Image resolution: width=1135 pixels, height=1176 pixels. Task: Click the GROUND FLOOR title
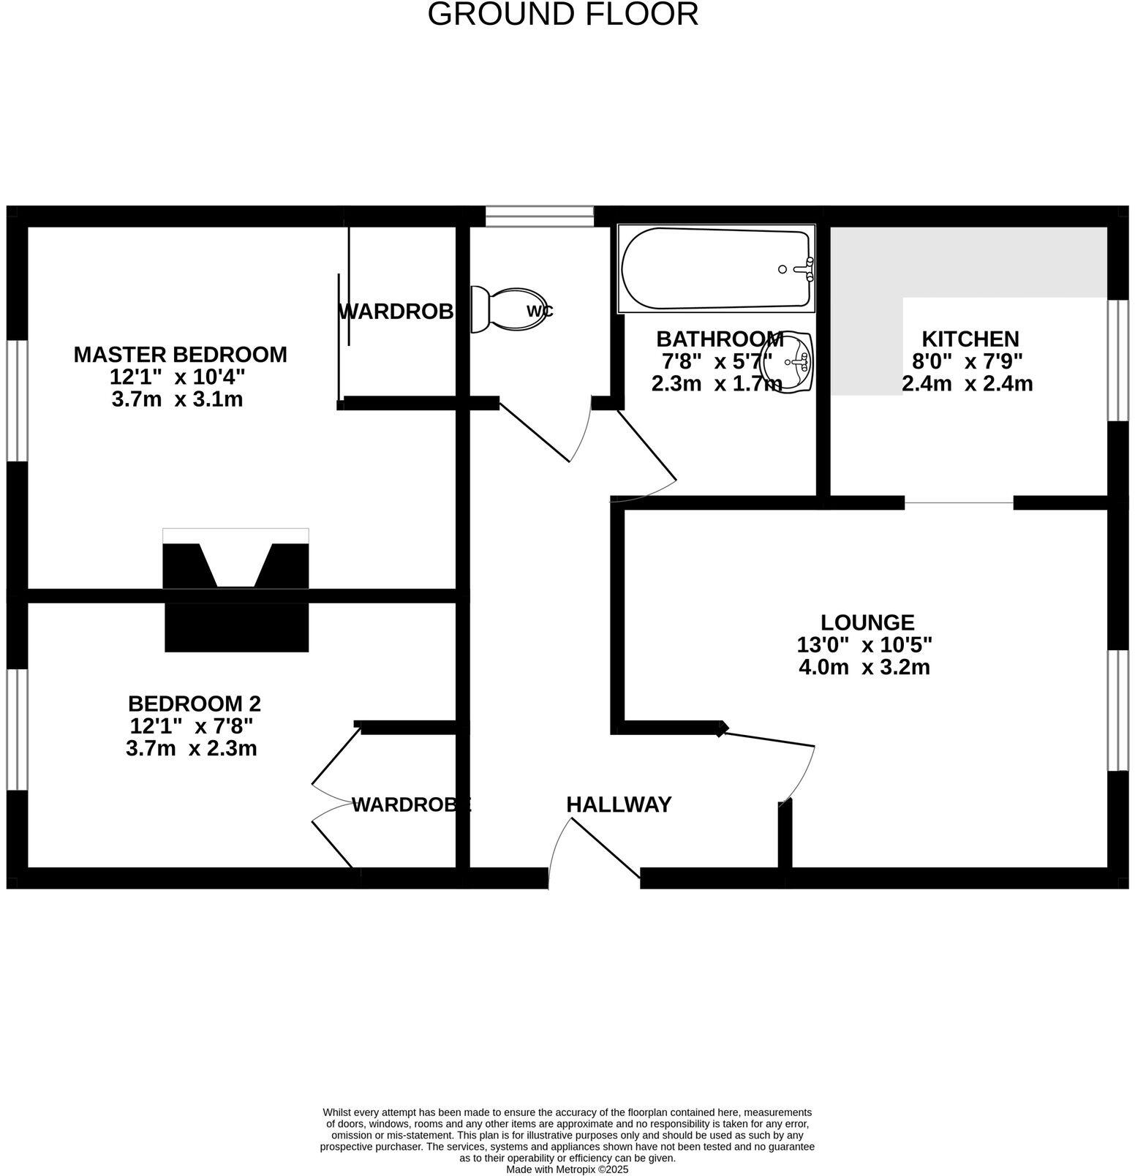(562, 15)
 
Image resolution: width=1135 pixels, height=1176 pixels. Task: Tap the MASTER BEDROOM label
(180, 355)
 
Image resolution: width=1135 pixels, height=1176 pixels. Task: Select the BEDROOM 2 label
(194, 704)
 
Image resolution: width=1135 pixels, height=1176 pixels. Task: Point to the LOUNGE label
(867, 622)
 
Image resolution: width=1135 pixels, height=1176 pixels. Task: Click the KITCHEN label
(970, 339)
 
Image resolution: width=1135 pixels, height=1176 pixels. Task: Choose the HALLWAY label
(619, 804)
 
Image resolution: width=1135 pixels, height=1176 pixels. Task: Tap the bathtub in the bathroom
(715, 269)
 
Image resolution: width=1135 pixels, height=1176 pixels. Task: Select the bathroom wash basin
(788, 361)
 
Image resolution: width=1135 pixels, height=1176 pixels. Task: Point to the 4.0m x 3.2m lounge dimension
(864, 667)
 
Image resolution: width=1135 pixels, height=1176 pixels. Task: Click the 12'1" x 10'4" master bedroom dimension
(177, 377)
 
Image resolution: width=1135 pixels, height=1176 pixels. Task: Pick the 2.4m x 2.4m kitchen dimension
(967, 383)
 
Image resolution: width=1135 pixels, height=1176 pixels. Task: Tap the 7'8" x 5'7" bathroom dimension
(717, 361)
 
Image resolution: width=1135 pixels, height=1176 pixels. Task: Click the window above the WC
(540, 216)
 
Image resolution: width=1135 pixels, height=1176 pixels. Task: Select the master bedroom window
(17, 401)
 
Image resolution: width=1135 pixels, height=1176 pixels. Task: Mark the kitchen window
(1117, 360)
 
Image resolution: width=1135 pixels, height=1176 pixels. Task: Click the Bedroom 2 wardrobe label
(411, 805)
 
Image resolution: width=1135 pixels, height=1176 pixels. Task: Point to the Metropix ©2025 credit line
(567, 1169)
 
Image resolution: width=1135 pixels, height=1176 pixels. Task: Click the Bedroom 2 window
(17, 729)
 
